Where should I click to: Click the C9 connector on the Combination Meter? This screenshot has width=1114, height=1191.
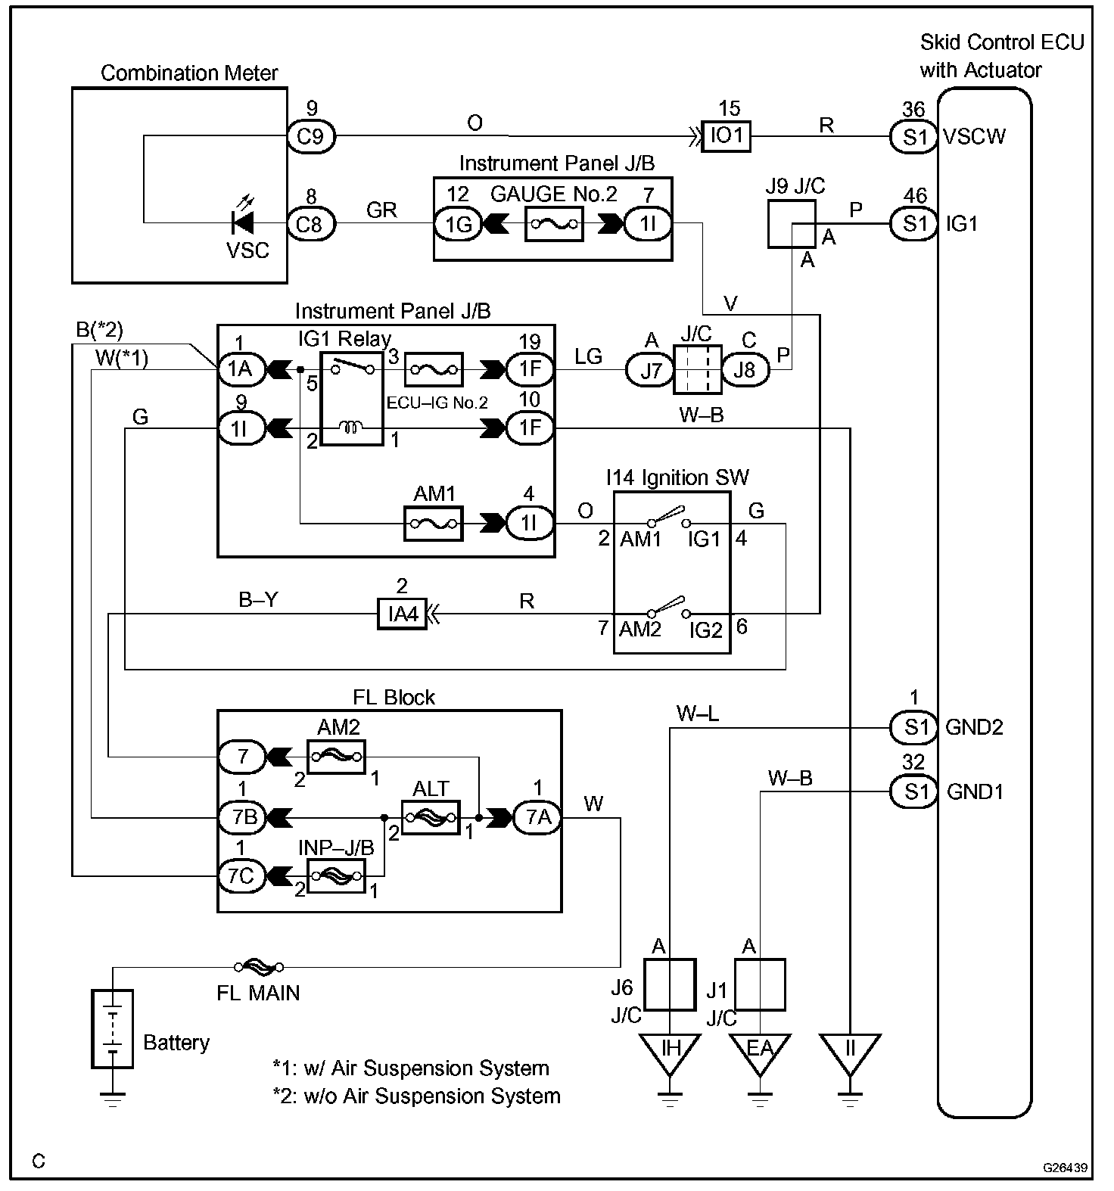[x=311, y=137]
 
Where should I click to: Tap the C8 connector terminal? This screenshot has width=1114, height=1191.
[x=311, y=224]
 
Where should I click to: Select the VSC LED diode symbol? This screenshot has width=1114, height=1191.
[x=243, y=222]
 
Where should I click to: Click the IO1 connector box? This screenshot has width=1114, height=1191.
[x=726, y=137]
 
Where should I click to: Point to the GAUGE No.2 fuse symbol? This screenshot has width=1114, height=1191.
[x=553, y=224]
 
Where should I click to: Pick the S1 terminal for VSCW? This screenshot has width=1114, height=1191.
[x=914, y=137]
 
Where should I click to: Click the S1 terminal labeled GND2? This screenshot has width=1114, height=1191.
[x=914, y=727]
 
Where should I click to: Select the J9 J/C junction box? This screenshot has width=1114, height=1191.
[x=792, y=225]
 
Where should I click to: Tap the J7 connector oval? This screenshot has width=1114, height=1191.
[x=649, y=370]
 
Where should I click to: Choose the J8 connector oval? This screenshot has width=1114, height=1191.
[x=746, y=370]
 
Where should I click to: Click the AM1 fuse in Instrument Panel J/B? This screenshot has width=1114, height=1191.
[x=433, y=524]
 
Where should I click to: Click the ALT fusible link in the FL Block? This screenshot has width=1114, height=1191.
[x=430, y=817]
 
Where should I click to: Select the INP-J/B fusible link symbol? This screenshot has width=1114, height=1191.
[x=336, y=875]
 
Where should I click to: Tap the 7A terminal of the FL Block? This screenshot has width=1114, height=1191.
[x=537, y=817]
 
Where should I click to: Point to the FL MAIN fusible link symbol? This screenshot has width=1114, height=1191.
[x=259, y=966]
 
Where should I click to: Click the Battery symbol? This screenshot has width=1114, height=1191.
[x=113, y=1028]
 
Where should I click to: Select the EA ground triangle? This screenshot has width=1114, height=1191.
[x=760, y=1052]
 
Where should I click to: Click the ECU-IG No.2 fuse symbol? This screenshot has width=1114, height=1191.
[x=433, y=370]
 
